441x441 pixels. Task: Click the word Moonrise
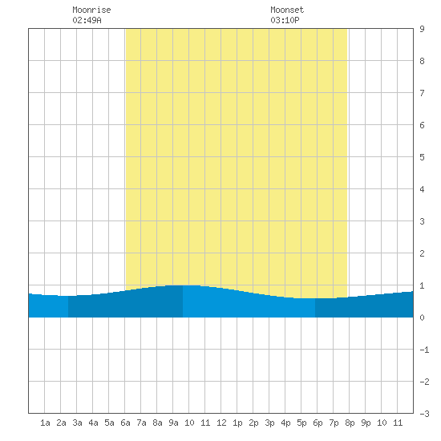(91, 10)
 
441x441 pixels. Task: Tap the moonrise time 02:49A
(87, 20)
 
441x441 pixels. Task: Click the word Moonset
(287, 10)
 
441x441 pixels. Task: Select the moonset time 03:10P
(285, 20)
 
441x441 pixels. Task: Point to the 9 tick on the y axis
(422, 29)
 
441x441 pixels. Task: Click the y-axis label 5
(422, 157)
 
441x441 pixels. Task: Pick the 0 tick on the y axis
(422, 318)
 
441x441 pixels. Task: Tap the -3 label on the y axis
(424, 414)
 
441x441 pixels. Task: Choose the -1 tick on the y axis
(424, 350)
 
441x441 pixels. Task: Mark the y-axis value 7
(422, 93)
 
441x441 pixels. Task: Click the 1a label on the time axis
(45, 423)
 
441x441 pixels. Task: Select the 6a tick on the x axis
(125, 423)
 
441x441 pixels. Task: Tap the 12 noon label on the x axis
(221, 423)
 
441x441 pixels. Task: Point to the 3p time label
(269, 423)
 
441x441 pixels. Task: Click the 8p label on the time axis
(350, 423)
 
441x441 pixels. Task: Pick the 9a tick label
(173, 423)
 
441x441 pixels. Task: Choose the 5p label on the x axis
(301, 423)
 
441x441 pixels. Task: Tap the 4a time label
(93, 423)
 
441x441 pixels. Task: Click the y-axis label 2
(422, 253)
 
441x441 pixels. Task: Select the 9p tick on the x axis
(366, 423)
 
